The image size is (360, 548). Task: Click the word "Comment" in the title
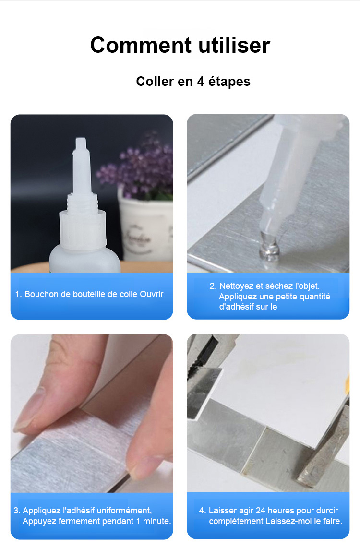click(141, 45)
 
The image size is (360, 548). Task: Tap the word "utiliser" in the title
click(234, 45)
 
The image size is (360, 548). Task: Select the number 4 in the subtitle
click(200, 82)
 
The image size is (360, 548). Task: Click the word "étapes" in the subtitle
click(229, 82)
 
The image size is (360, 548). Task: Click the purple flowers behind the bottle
click(136, 168)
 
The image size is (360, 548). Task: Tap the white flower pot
click(146, 227)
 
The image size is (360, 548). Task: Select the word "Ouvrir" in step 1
click(152, 294)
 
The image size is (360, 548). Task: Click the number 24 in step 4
click(261, 511)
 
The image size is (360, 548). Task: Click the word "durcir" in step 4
click(327, 511)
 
